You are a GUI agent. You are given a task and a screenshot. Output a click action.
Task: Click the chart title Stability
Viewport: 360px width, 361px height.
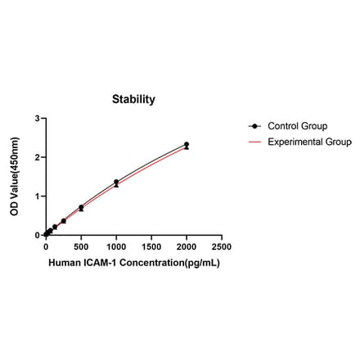[133, 99]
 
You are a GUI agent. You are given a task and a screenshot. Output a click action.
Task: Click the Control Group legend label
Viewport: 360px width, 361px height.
[297, 126]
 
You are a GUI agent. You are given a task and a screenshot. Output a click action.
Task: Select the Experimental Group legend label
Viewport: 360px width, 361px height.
[308, 141]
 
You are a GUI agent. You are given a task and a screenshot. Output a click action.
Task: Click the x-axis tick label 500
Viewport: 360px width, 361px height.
[81, 246]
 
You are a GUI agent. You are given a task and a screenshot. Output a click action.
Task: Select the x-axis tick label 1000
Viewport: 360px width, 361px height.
[116, 246]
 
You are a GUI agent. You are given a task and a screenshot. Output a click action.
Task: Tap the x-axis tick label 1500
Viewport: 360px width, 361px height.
[151, 246]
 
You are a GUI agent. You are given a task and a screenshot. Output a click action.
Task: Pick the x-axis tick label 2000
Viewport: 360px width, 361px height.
[187, 246]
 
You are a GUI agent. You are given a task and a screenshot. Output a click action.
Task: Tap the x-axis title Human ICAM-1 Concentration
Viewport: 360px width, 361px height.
[134, 264]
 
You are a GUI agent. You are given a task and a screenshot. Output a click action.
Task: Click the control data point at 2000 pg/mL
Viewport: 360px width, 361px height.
[187, 145]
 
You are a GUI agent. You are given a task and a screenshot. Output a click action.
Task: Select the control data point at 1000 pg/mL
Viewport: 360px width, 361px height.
[116, 182]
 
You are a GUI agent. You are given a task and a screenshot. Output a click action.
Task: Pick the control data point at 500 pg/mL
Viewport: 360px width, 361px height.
[81, 207]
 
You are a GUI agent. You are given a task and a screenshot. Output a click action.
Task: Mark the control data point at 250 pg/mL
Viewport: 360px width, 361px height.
[64, 220]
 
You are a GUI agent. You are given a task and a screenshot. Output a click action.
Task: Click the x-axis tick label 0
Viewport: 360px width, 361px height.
[46, 246]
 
